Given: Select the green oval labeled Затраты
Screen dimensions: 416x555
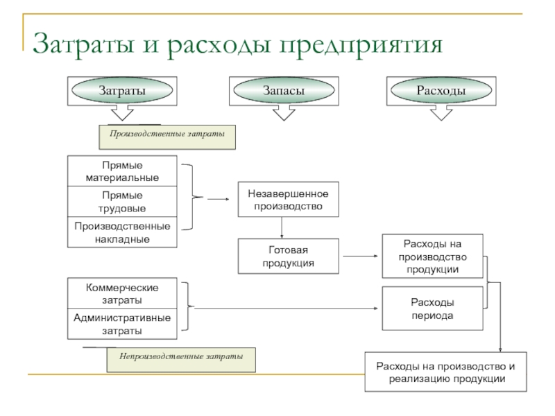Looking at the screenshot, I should pyautogui.click(x=122, y=91).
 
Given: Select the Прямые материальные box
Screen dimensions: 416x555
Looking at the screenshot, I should pyautogui.click(x=122, y=172).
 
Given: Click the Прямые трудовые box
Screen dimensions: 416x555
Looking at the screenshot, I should pyautogui.click(x=122, y=202).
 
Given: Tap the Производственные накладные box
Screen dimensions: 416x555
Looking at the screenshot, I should pyautogui.click(x=122, y=232).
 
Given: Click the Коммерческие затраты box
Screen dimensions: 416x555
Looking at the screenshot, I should pyautogui.click(x=122, y=293).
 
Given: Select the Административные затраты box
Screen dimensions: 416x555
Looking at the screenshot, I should pyautogui.click(x=122, y=324).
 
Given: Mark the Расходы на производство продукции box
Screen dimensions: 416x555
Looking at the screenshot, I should pyautogui.click(x=432, y=257).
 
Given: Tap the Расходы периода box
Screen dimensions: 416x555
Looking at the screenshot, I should pyautogui.click(x=432, y=309).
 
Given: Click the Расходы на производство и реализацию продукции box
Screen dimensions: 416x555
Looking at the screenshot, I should pyautogui.click(x=446, y=372).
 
